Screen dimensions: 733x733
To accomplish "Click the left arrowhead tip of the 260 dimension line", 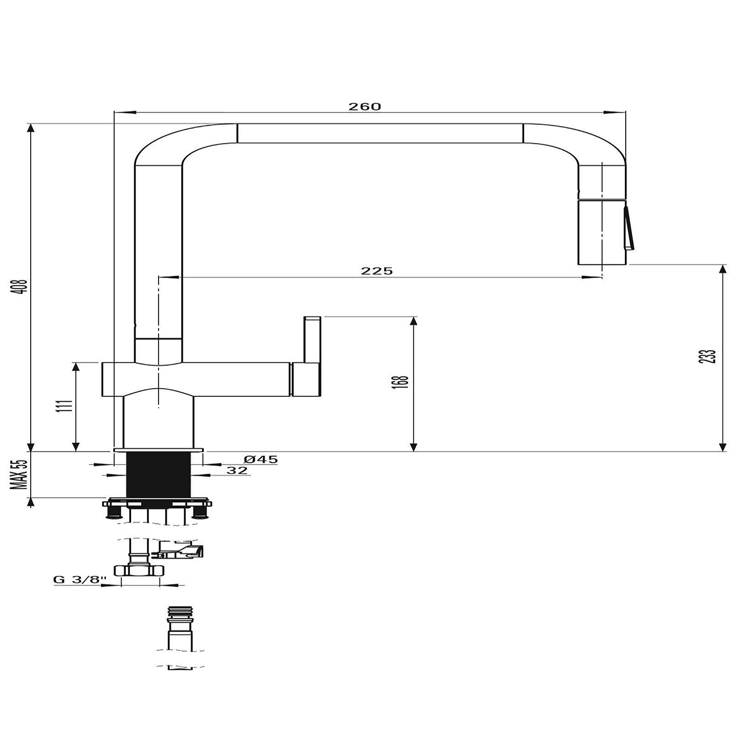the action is tap(114, 112).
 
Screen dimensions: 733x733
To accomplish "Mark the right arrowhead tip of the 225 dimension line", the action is tap(602, 277).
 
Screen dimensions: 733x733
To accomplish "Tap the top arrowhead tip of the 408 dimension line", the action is tap(31, 124).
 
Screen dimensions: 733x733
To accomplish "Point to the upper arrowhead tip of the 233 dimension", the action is tap(723, 265).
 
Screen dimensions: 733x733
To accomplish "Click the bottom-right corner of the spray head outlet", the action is tap(626, 264).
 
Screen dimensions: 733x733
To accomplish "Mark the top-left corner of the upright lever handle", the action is tap(304, 316).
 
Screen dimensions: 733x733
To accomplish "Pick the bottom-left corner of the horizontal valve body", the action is tap(102, 396).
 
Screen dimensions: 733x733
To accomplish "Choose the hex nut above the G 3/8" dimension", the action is tap(139, 570).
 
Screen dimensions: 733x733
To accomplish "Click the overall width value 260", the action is tap(365, 107).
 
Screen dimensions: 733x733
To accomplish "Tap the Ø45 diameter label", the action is tap(261, 459).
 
